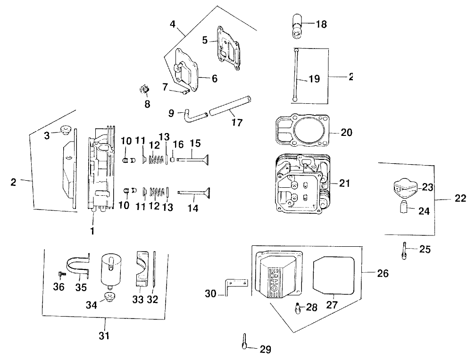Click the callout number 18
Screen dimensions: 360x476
(x=321, y=24)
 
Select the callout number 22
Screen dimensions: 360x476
(x=460, y=199)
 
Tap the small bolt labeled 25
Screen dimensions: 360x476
(x=405, y=250)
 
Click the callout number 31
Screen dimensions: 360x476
(x=104, y=336)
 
